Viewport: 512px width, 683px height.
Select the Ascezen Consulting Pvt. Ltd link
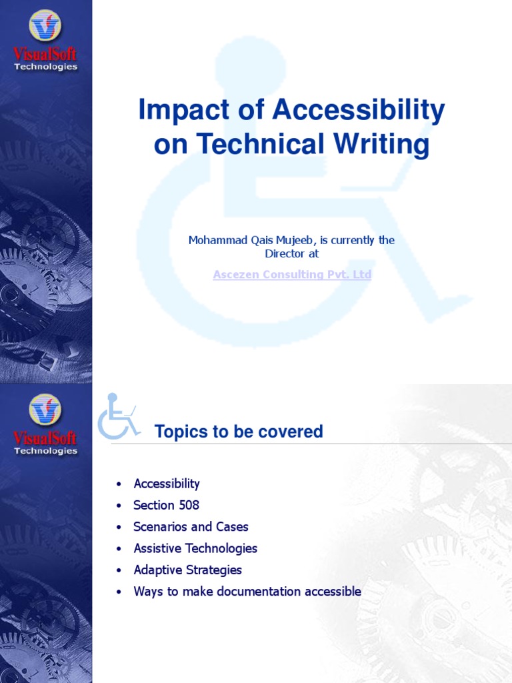point(292,275)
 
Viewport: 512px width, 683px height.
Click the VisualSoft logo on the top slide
point(45,40)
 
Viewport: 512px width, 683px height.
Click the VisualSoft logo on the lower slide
point(45,424)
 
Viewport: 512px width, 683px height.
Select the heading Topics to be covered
point(239,432)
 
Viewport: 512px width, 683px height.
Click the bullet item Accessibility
point(167,484)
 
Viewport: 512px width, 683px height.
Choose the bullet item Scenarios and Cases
point(191,527)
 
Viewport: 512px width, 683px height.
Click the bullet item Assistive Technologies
point(195,548)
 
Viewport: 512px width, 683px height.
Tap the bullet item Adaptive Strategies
point(187,570)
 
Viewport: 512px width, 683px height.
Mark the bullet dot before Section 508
point(119,506)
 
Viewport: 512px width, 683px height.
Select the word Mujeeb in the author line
point(317,240)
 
